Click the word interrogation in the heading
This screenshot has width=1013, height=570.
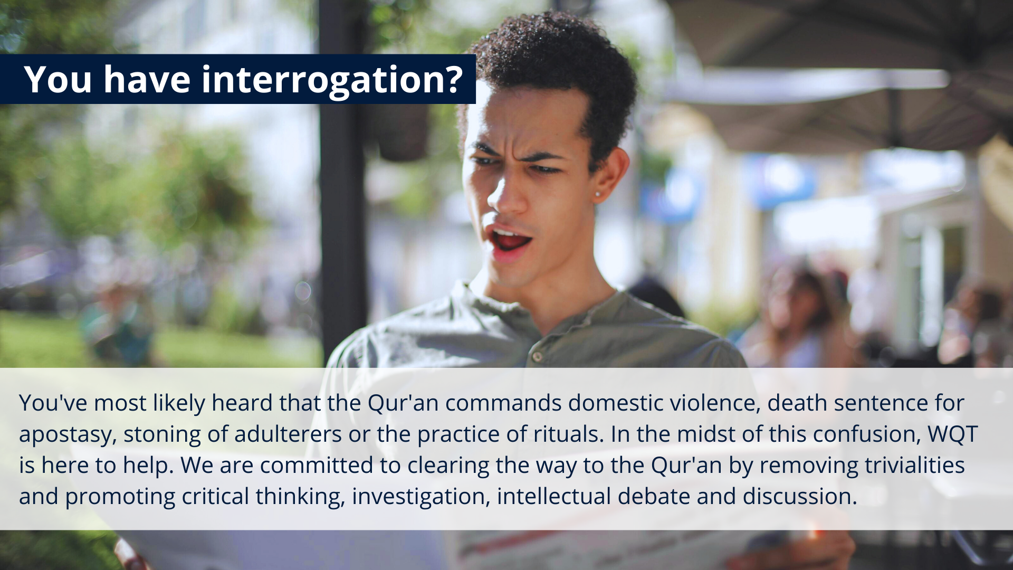(332, 80)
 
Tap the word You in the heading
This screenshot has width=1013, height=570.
(58, 80)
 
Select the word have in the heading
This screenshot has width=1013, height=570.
(147, 80)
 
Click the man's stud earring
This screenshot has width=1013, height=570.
(598, 195)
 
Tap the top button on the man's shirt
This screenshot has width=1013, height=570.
(537, 356)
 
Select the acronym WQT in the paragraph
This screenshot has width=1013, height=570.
(953, 434)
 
